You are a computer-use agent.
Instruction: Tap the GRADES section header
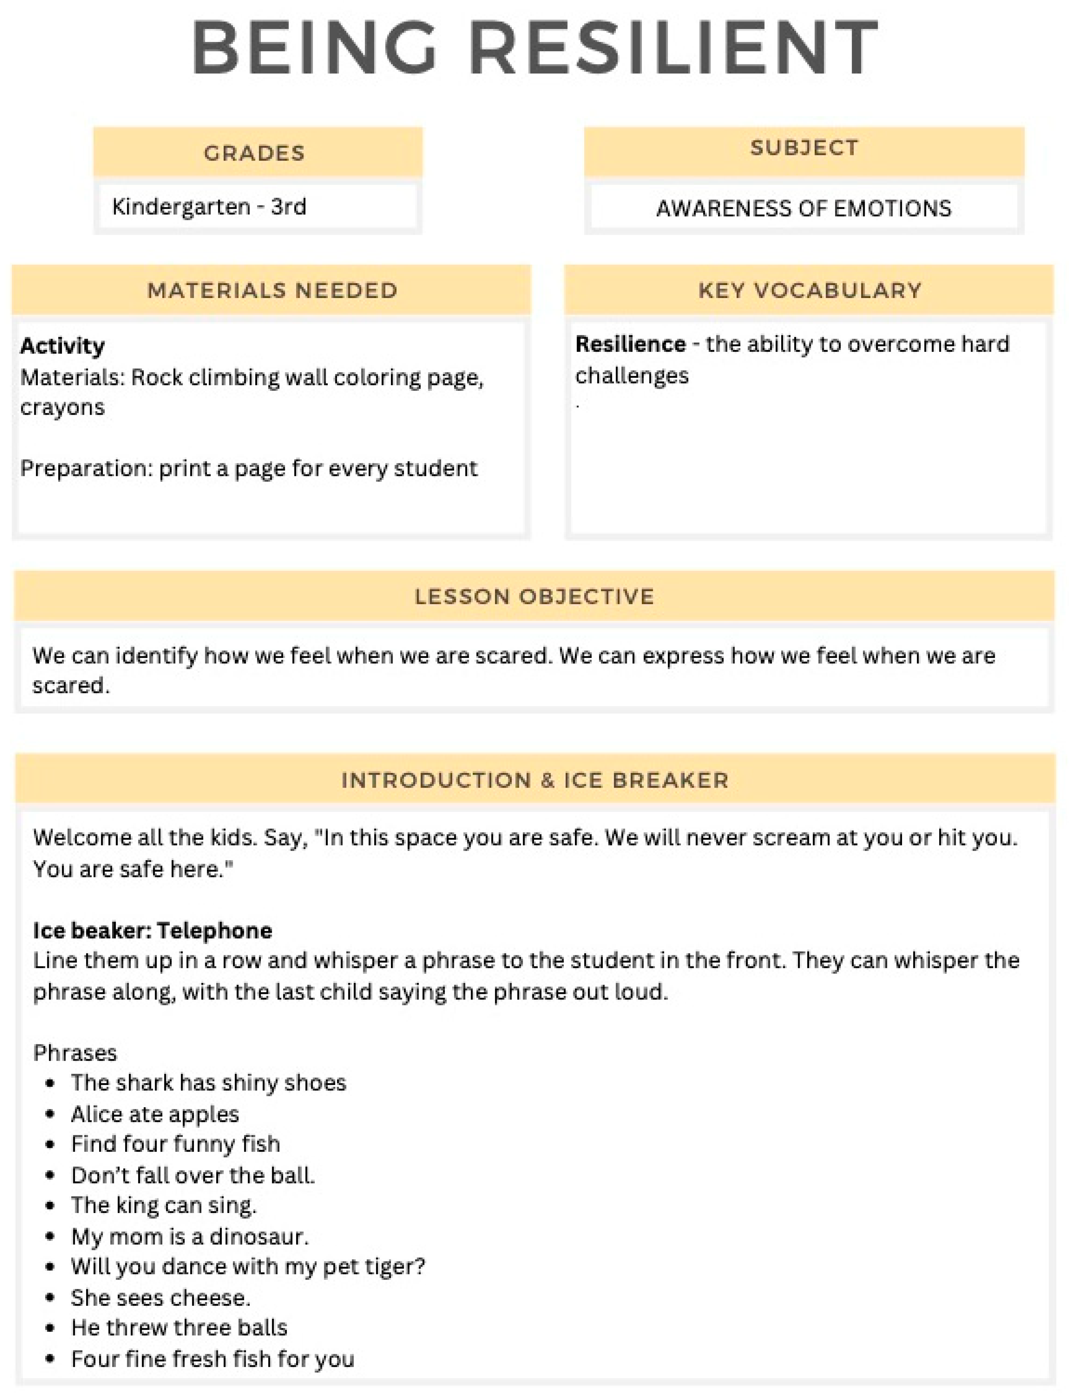pyautogui.click(x=254, y=153)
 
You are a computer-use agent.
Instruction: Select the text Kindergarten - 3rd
pyautogui.click(x=209, y=207)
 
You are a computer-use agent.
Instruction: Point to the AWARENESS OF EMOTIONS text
pyautogui.click(x=803, y=209)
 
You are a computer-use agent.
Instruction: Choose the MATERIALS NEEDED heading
pyautogui.click(x=272, y=291)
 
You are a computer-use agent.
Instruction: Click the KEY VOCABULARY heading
pyautogui.click(x=809, y=291)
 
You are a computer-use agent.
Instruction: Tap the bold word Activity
pyautogui.click(x=62, y=346)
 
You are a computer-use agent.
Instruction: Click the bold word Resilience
pyautogui.click(x=630, y=344)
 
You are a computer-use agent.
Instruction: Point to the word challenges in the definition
pyautogui.click(x=632, y=376)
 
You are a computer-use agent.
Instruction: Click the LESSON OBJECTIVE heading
pyautogui.click(x=534, y=597)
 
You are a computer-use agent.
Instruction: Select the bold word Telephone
pyautogui.click(x=215, y=931)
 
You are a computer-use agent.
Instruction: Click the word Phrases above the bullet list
pyautogui.click(x=75, y=1053)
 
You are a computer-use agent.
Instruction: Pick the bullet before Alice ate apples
pyautogui.click(x=51, y=1115)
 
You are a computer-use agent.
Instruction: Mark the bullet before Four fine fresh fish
pyautogui.click(x=51, y=1359)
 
